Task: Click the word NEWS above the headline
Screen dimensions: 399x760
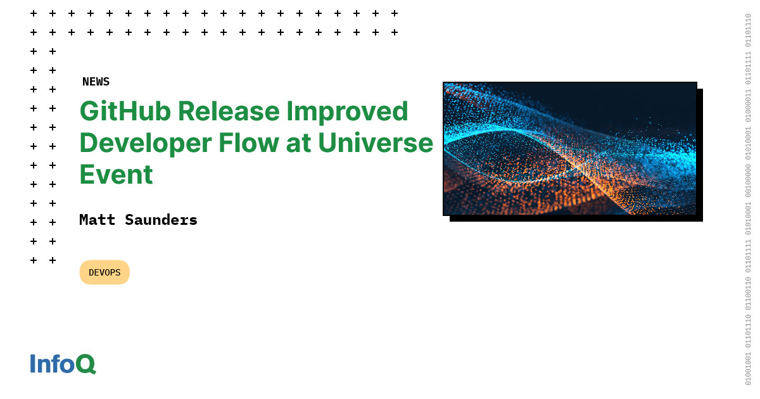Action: (x=96, y=82)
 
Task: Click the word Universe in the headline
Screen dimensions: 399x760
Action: (x=376, y=142)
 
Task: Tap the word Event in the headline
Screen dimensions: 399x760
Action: (x=116, y=174)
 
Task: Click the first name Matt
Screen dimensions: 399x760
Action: (x=98, y=220)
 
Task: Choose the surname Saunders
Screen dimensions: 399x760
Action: (x=161, y=220)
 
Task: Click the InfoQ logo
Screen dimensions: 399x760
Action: (x=63, y=364)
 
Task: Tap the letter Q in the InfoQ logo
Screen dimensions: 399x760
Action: (x=85, y=364)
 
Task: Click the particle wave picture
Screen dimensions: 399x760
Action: (x=569, y=148)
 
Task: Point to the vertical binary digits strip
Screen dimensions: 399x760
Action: (x=748, y=199)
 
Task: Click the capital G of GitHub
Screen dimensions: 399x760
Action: (x=91, y=111)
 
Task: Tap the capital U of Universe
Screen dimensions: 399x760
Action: (x=327, y=142)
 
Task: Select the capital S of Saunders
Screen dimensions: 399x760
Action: (x=129, y=220)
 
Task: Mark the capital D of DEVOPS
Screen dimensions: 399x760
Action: (x=92, y=272)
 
